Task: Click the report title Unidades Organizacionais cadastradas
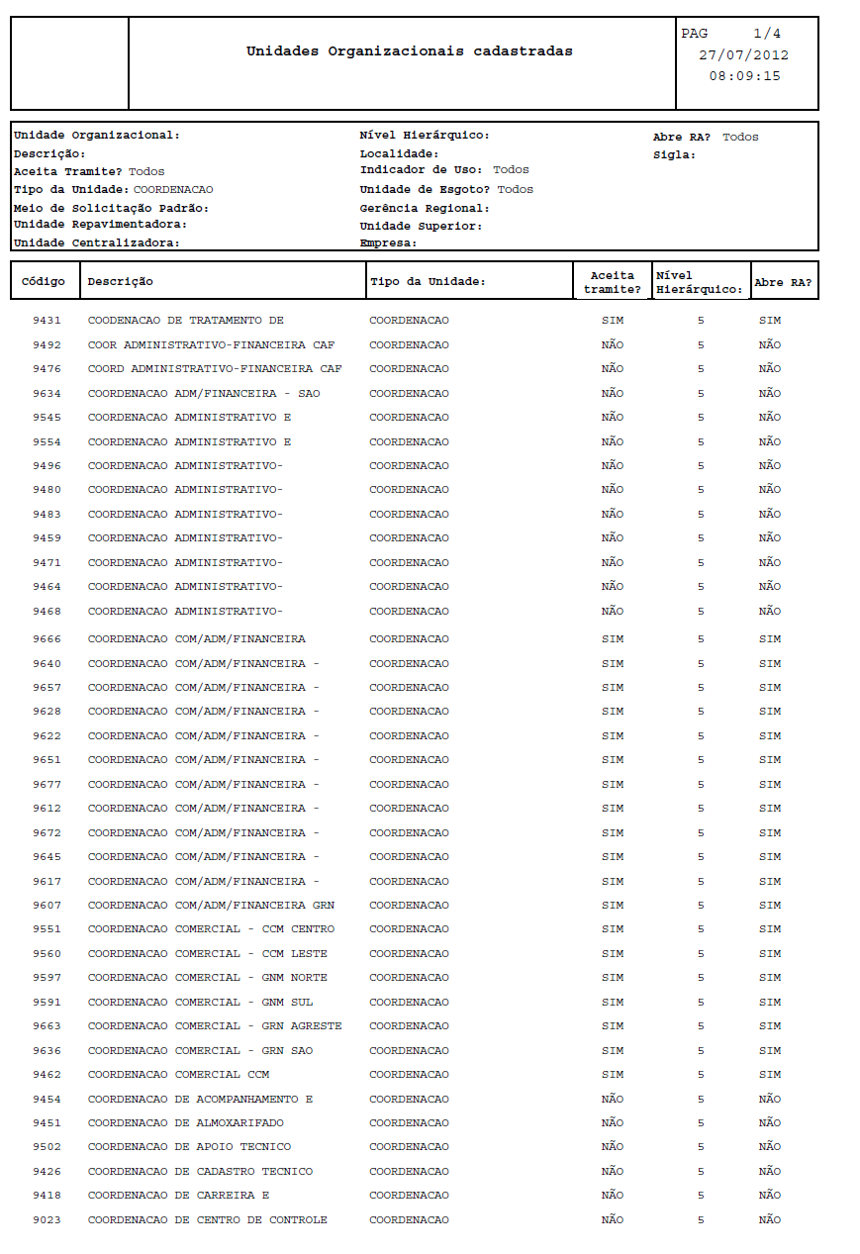pos(409,51)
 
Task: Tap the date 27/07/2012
pos(743,55)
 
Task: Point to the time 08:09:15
pos(744,75)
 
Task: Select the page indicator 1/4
pos(766,34)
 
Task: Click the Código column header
pos(44,281)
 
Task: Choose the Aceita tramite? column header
pos(612,282)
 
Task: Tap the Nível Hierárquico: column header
pos(700,282)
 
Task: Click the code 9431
pos(47,321)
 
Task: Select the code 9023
pos(47,1220)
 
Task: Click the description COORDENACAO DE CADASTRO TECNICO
pos(200,1172)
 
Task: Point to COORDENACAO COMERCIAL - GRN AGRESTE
pos(215,1026)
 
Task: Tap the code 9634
pos(47,394)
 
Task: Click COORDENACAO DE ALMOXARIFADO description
pos(185,1123)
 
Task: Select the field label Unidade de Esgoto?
pos(425,189)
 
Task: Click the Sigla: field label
pos(674,154)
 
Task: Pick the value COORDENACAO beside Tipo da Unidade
pos(173,189)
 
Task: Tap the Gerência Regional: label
pos(425,208)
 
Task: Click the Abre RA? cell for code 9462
pos(769,1075)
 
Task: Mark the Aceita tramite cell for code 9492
pos(612,345)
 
